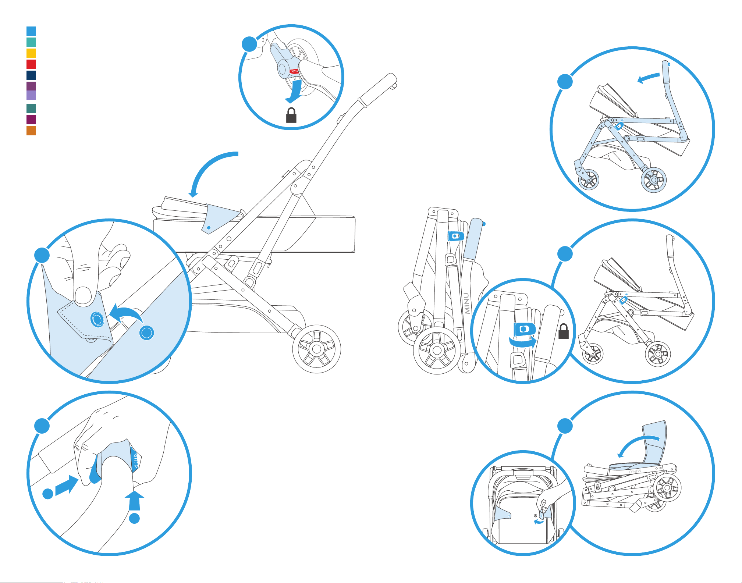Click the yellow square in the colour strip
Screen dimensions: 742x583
tap(31, 53)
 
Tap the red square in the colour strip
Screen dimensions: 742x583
tap(31, 64)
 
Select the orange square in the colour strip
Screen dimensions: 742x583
tap(31, 131)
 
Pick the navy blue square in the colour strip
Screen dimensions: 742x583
tap(31, 75)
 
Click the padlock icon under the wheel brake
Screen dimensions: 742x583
tap(291, 115)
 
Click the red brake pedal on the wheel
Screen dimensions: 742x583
tap(294, 71)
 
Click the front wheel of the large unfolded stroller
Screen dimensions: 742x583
tap(316, 349)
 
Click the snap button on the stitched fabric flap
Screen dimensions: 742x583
tap(97, 319)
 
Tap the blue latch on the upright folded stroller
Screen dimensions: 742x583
tap(456, 236)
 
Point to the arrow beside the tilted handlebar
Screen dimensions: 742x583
tap(648, 78)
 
